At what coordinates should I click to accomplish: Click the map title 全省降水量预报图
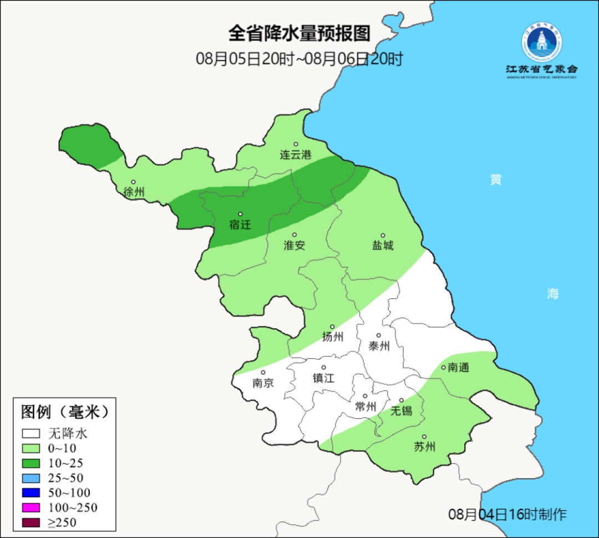(299, 33)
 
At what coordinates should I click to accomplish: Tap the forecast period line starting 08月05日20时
(299, 59)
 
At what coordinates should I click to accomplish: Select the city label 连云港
(296, 155)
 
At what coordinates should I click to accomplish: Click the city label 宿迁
(240, 225)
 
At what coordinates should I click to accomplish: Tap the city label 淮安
(295, 245)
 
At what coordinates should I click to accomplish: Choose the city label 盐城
(382, 245)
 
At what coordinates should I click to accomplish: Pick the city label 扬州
(333, 337)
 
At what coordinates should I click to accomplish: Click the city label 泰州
(379, 346)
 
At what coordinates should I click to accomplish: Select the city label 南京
(263, 383)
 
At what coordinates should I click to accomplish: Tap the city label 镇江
(324, 378)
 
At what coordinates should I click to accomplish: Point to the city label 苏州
(425, 447)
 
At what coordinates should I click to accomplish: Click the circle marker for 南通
(443, 367)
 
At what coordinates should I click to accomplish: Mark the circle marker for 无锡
(402, 400)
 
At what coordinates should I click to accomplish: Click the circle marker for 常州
(365, 396)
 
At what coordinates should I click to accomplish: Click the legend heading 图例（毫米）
(64, 412)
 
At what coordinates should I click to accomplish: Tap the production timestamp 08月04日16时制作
(507, 515)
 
